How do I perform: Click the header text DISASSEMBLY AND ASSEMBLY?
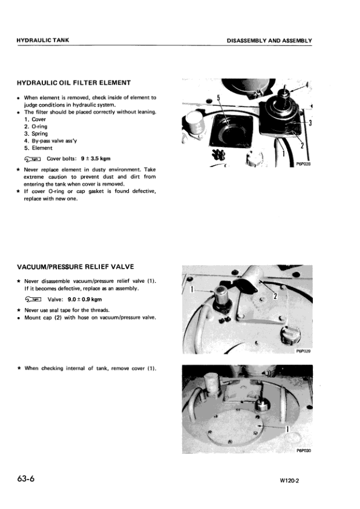coord(269,41)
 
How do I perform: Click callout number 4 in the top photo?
coord(307,84)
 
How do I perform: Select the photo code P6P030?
coord(303,450)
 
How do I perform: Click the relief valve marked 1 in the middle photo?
coord(218,300)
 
